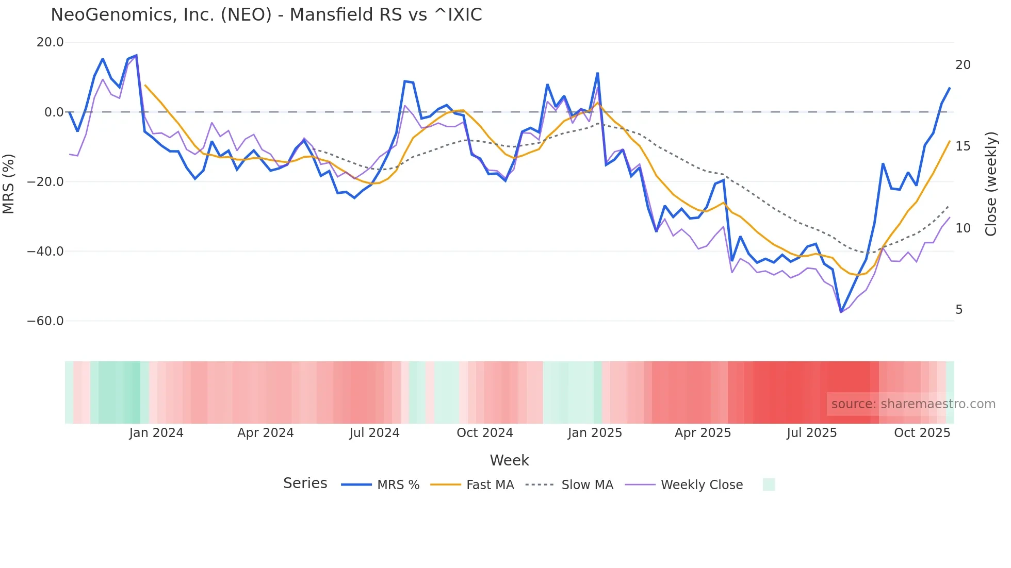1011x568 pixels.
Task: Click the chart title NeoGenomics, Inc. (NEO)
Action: point(266,15)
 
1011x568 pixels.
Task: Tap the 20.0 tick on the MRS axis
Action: point(50,42)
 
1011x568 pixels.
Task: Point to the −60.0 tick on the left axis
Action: point(45,321)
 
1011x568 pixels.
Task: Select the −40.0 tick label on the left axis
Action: point(45,252)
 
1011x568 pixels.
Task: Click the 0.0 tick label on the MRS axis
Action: point(54,112)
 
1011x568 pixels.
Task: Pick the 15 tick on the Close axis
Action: point(963,146)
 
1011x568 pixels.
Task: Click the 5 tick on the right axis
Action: point(959,310)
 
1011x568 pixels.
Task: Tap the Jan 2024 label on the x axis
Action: point(156,433)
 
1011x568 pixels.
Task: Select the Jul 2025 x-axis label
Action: point(811,433)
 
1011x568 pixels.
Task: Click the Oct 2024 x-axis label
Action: point(484,433)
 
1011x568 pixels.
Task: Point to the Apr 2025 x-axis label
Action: point(703,433)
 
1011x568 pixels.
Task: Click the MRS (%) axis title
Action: point(9,183)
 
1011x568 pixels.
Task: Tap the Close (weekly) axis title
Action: point(991,184)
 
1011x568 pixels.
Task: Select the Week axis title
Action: point(509,460)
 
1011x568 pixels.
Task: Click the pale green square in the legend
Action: point(769,485)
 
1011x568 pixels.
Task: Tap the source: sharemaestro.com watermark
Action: point(913,404)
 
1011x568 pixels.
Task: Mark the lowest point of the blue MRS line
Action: point(841,312)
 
